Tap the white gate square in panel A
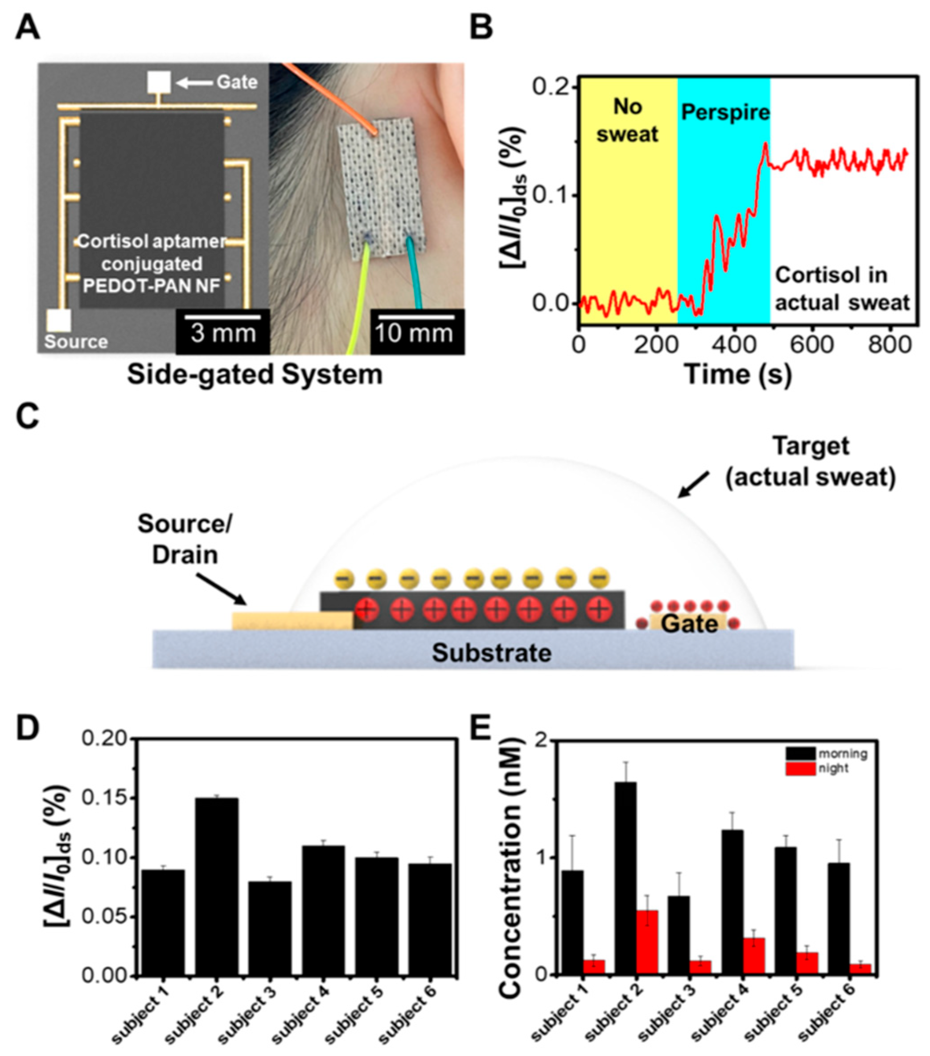point(159,82)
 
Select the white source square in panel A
point(58,320)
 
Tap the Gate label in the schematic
point(690,624)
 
